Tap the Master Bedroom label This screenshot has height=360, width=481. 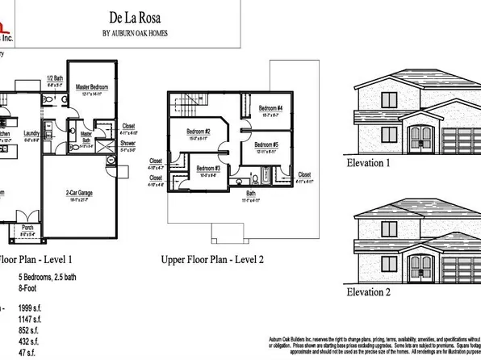click(x=93, y=86)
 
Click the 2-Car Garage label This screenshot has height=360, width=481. click(x=83, y=192)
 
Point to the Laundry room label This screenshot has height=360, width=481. click(x=31, y=133)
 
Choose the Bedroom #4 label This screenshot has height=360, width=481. click(x=270, y=108)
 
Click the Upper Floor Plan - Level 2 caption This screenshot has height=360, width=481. click(x=213, y=261)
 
